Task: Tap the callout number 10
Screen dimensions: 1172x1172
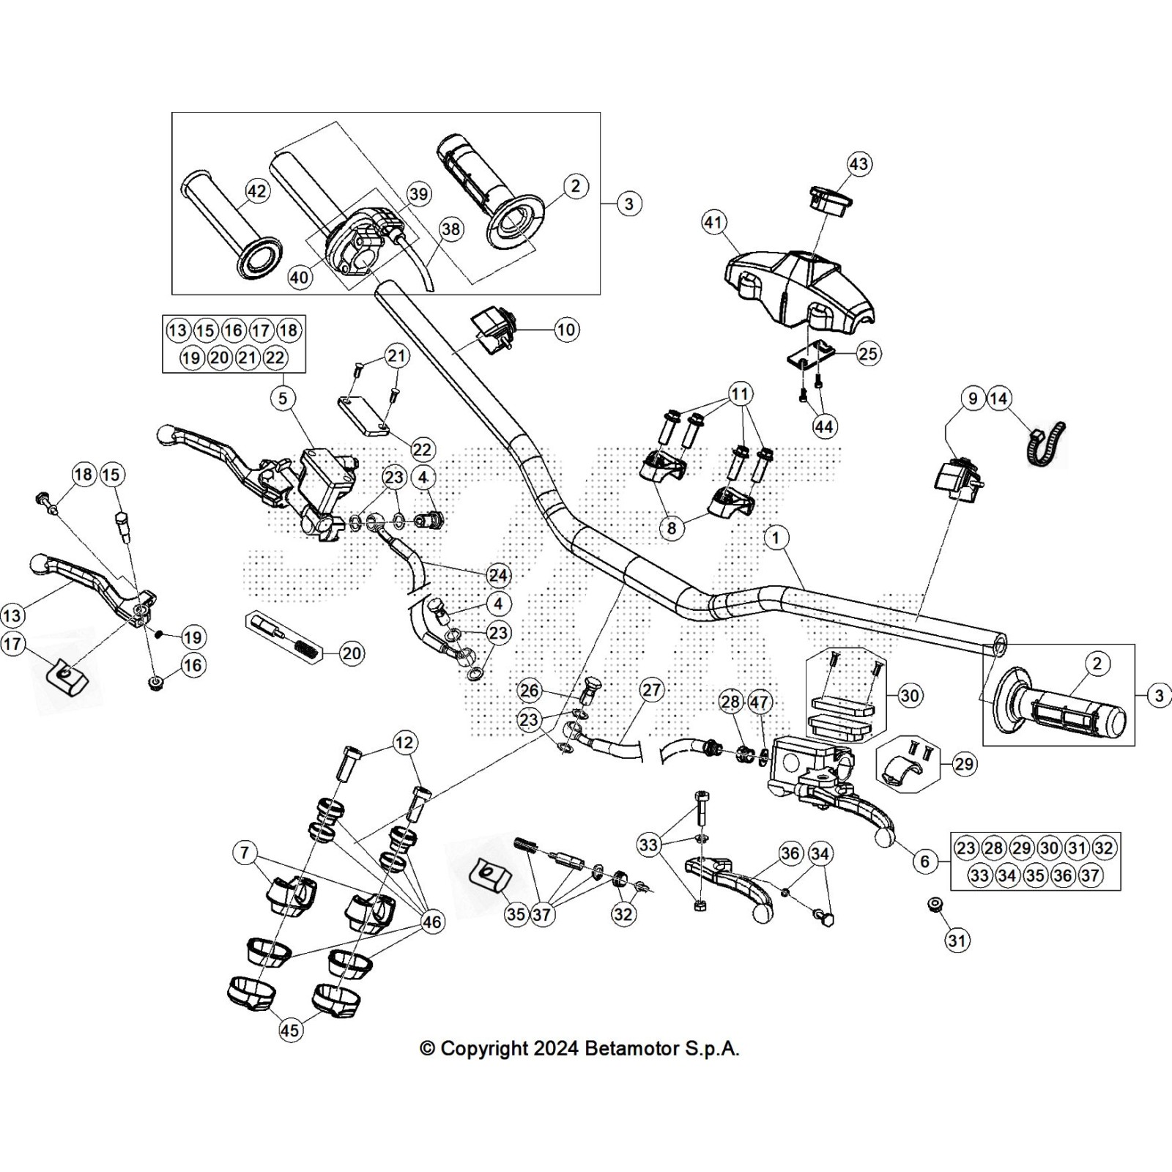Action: point(566,330)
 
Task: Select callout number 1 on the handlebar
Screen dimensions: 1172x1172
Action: point(776,538)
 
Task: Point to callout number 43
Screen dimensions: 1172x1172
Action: point(858,163)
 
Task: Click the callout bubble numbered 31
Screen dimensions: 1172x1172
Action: point(957,940)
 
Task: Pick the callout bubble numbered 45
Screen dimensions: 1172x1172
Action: point(290,1030)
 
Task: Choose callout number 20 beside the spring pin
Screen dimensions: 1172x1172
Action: point(352,653)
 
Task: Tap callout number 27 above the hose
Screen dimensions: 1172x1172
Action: point(651,690)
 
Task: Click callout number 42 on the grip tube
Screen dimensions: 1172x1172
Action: point(256,191)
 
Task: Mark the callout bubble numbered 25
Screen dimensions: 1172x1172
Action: point(868,354)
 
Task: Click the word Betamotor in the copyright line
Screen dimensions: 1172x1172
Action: point(632,1048)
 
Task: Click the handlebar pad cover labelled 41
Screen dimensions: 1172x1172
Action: point(798,283)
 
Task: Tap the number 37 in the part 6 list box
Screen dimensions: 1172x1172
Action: point(1090,875)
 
